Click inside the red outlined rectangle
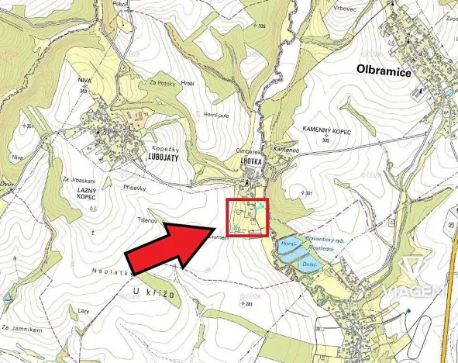click(247, 218)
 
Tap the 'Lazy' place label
click(84, 310)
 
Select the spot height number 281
click(247, 304)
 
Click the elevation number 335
click(261, 27)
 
